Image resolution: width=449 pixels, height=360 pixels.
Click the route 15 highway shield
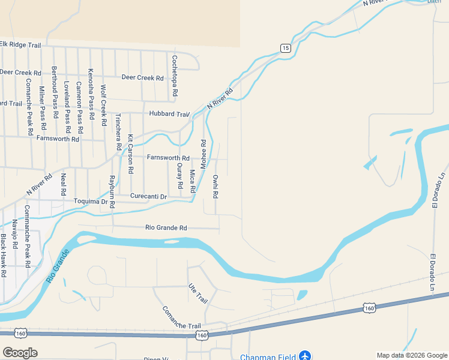285,48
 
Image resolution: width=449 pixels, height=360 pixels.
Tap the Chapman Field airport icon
306,356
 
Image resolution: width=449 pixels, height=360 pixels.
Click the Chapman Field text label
268,357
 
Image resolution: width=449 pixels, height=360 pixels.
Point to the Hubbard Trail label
169,114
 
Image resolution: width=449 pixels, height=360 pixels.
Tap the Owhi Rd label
215,187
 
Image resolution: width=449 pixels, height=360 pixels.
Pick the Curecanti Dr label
148,196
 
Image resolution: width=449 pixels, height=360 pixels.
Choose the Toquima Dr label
90,202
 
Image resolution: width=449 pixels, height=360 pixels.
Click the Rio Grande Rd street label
166,228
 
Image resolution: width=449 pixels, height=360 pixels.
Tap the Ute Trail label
197,293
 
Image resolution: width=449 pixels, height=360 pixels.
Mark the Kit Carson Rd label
130,155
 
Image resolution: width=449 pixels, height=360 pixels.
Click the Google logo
20,353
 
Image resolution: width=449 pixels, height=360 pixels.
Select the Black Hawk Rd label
4,255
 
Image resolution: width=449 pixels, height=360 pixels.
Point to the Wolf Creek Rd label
103,106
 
